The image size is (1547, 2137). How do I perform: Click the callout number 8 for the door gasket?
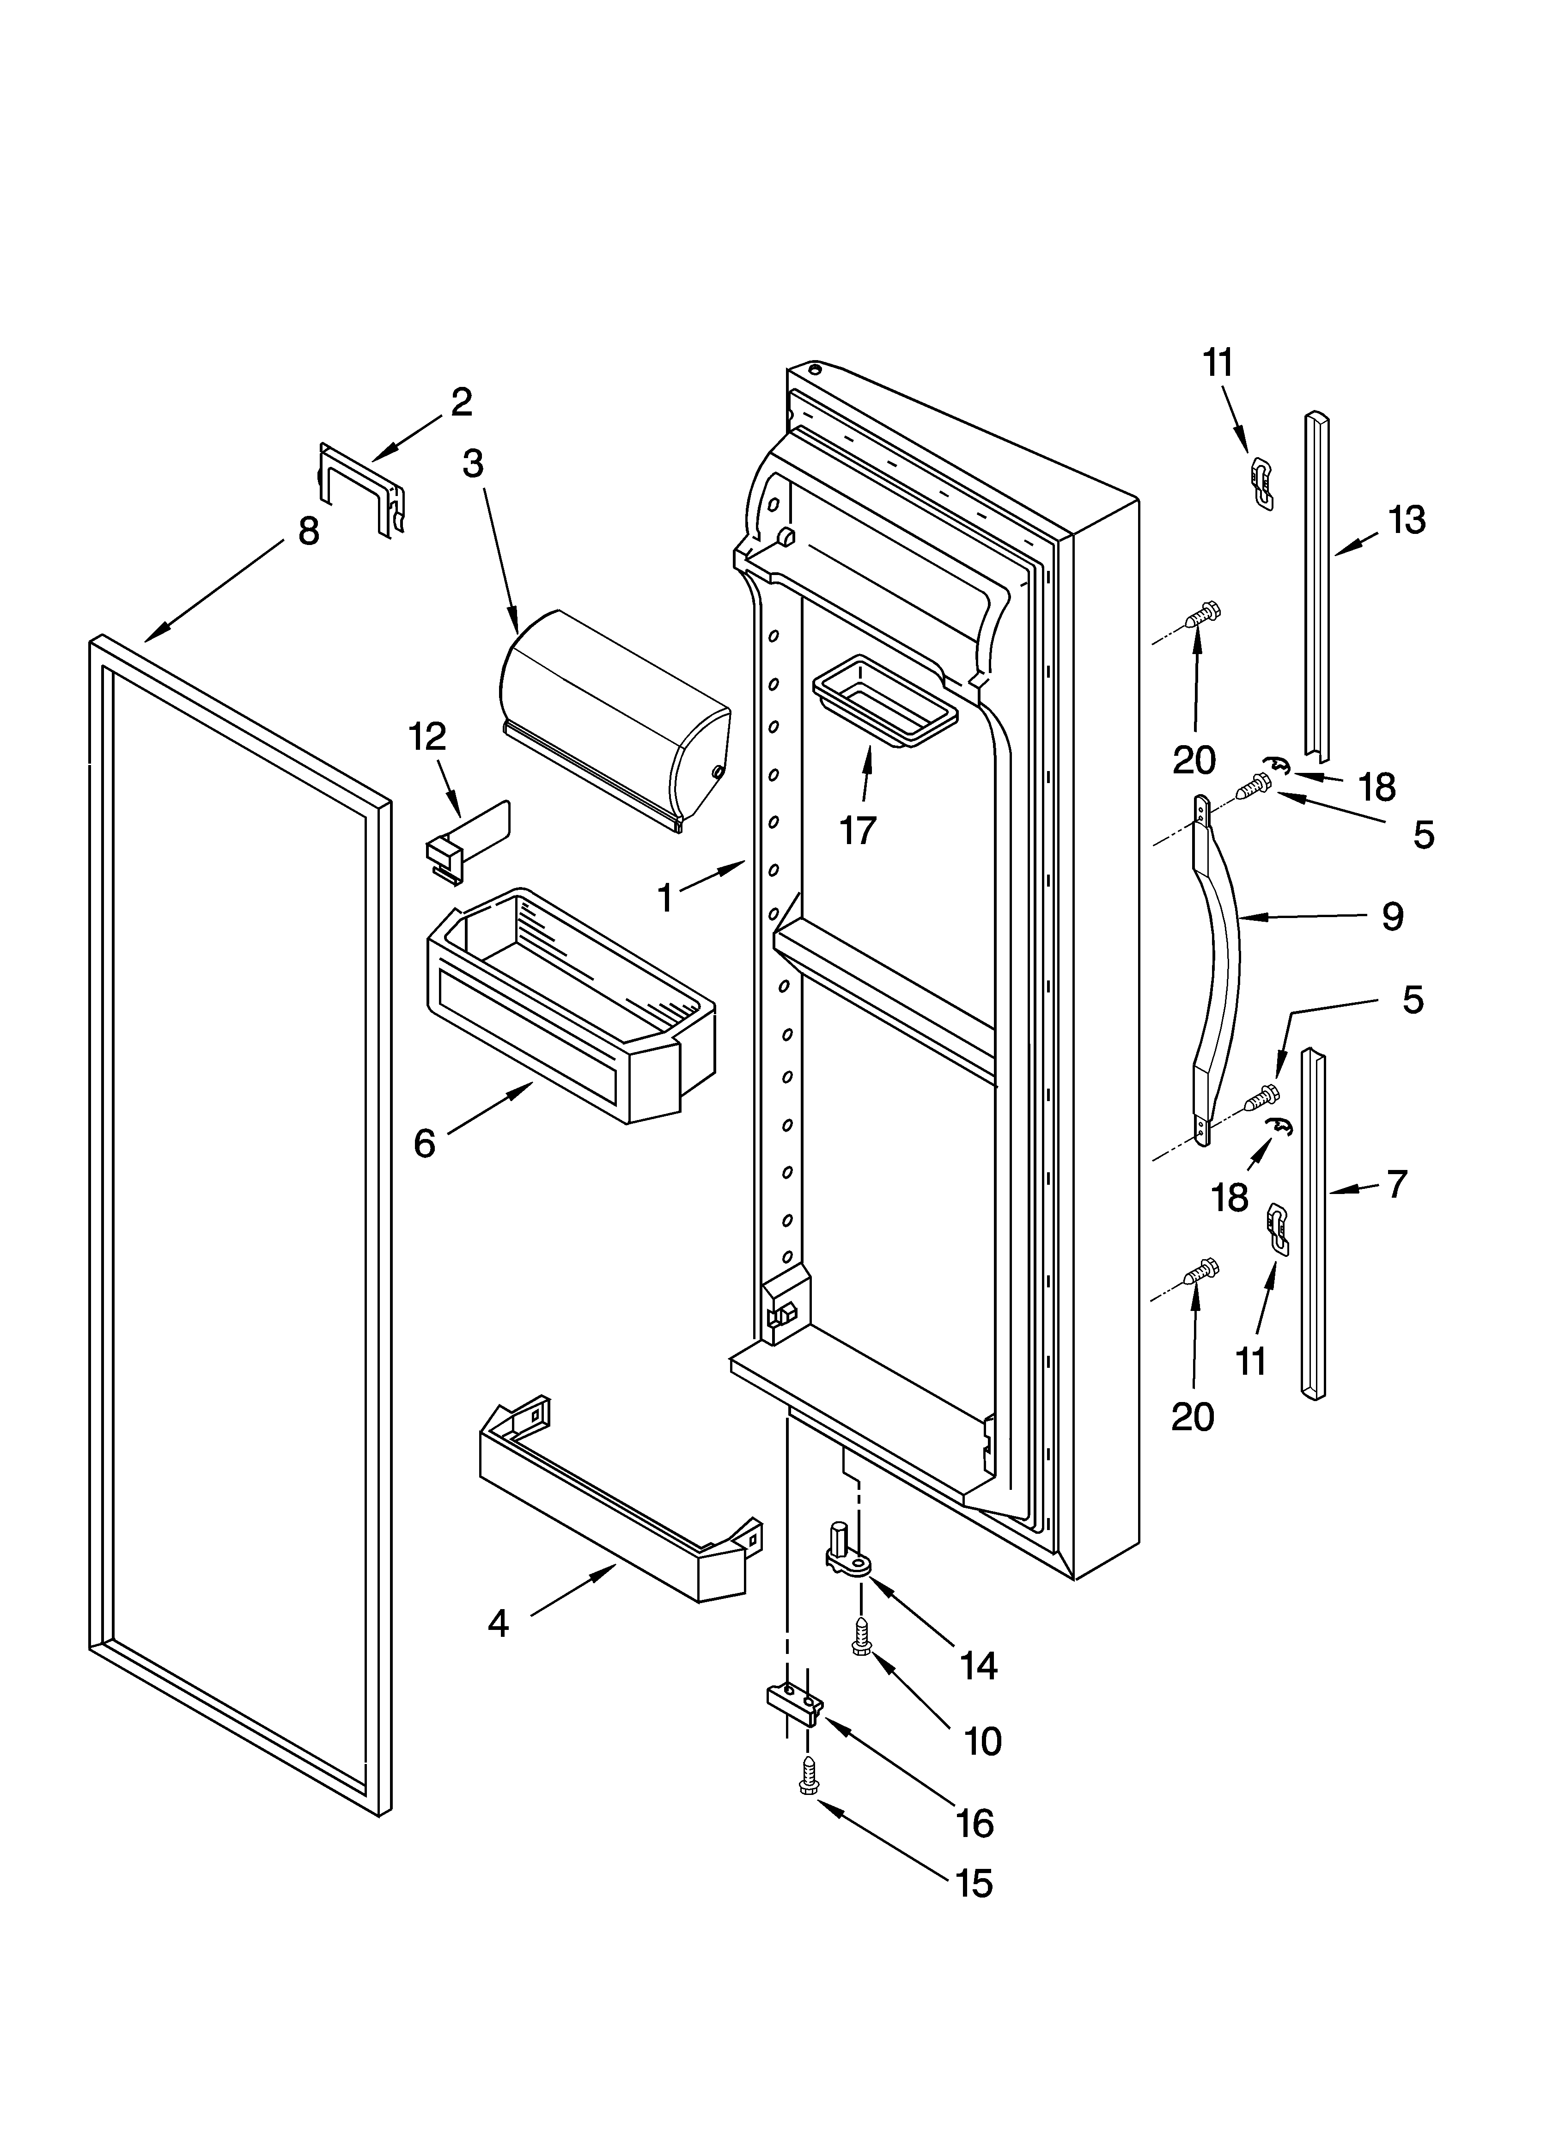click(308, 533)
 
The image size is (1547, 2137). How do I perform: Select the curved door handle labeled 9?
click(1218, 971)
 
